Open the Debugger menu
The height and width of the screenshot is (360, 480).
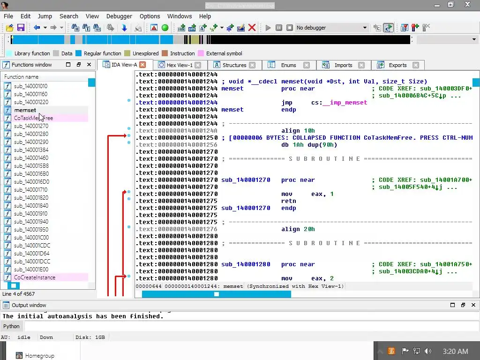pyautogui.click(x=119, y=16)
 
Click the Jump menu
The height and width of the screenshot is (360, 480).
pyautogui.click(x=45, y=16)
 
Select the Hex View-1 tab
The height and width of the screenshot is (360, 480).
pyautogui.click(x=179, y=65)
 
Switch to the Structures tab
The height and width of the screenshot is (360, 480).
pyautogui.click(x=234, y=65)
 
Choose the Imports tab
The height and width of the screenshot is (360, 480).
pyautogui.click(x=343, y=65)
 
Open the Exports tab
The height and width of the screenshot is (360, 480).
pyautogui.click(x=397, y=65)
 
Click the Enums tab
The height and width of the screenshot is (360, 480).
pyautogui.click(x=288, y=65)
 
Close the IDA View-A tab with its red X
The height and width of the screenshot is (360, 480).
pyautogui.click(x=142, y=65)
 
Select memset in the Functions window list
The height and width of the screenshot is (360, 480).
pyautogui.click(x=25, y=110)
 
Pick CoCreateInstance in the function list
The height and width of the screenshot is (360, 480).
pyautogui.click(x=35, y=277)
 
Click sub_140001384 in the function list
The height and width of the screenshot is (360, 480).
pyautogui.click(x=31, y=150)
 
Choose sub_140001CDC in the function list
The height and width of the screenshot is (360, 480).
pyautogui.click(x=32, y=246)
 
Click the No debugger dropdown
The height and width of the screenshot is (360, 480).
pyautogui.click(x=331, y=28)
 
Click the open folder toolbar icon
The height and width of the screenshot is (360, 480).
pyautogui.click(x=9, y=28)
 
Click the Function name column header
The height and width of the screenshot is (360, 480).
pyautogui.click(x=22, y=77)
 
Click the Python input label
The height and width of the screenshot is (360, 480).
pyautogui.click(x=12, y=326)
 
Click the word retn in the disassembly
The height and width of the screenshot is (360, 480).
pyautogui.click(x=288, y=201)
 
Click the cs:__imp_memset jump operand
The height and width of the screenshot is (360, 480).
pyautogui.click(x=339, y=103)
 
